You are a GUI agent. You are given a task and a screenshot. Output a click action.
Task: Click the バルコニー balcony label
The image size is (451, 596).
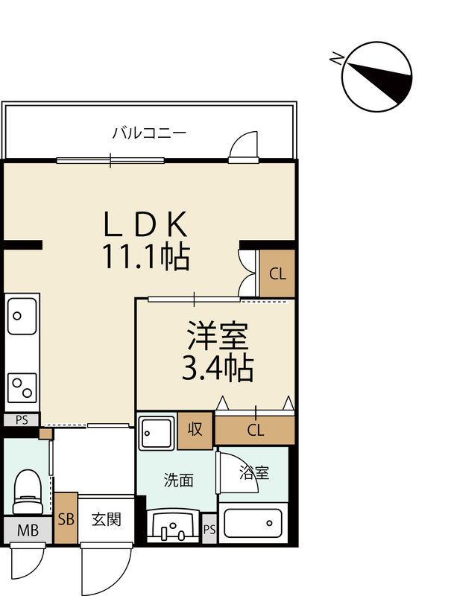click(149, 133)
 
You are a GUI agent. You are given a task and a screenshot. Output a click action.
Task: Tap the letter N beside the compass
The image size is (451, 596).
click(336, 59)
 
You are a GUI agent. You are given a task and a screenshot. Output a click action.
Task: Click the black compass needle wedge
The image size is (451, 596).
click(385, 83)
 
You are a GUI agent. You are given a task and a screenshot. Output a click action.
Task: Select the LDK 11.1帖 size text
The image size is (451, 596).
click(145, 256)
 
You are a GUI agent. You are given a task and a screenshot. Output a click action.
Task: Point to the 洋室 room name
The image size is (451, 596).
click(218, 335)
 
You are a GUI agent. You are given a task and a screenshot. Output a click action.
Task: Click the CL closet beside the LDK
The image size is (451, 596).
click(277, 273)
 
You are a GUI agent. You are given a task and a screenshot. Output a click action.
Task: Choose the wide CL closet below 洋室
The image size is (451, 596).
click(255, 430)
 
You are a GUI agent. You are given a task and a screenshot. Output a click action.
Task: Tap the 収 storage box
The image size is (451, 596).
click(195, 431)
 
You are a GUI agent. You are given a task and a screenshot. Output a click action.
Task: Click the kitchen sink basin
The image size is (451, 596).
click(22, 316)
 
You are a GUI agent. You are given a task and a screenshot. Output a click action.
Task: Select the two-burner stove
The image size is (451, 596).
click(22, 387)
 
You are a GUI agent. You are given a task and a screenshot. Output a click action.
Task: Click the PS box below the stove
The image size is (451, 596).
click(22, 420)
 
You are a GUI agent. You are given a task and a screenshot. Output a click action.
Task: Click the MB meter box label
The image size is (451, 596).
click(28, 530)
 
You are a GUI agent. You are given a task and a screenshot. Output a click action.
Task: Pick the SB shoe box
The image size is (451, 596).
click(66, 518)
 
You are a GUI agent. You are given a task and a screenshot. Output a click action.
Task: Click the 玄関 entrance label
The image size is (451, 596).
click(106, 519)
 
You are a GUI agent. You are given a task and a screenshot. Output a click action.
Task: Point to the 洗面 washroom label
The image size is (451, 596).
click(178, 481)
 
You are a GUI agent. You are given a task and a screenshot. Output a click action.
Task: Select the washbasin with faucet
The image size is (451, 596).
click(173, 526)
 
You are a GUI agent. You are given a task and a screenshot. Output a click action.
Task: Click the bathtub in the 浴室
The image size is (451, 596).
click(253, 524)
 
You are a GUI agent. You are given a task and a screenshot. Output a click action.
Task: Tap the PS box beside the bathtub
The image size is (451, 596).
click(209, 529)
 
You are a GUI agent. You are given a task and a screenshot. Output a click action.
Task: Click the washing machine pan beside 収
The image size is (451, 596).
click(157, 433)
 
